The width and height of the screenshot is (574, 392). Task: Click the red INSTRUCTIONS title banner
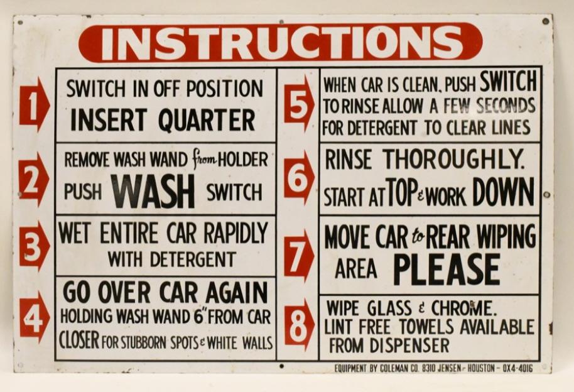tap(280, 43)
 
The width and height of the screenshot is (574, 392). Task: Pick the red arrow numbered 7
tap(299, 255)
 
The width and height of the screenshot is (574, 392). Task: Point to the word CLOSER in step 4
tap(79, 341)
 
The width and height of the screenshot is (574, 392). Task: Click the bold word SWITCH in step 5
tap(509, 81)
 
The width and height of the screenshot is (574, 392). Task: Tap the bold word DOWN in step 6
tap(504, 192)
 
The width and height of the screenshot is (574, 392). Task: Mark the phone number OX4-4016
tap(516, 368)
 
